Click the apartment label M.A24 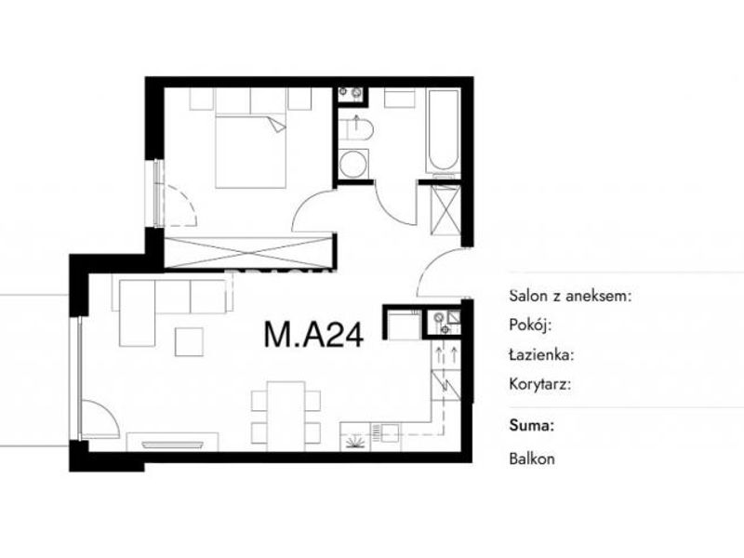pos(313,334)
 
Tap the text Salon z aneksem pos(570,296)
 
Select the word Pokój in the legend pos(530,325)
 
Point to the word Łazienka pos(541,354)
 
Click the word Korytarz pos(540,384)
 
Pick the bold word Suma pos(531,425)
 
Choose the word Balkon pos(532,458)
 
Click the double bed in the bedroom pos(251,151)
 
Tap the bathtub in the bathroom pos(444,130)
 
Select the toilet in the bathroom pos(356,129)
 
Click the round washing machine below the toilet pos(353,164)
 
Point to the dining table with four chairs pos(286,412)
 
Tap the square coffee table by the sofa pos(190,341)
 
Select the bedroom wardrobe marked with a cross pos(250,252)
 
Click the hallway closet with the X pos(445,210)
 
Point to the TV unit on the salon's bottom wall pos(173,443)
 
